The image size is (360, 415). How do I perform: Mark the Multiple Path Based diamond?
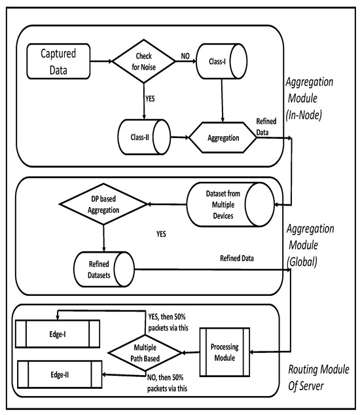pos(145,352)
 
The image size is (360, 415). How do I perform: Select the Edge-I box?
pos(58,333)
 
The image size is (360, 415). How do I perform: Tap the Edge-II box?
pos(58,374)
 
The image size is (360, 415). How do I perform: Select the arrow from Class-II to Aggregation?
pos(179,139)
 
